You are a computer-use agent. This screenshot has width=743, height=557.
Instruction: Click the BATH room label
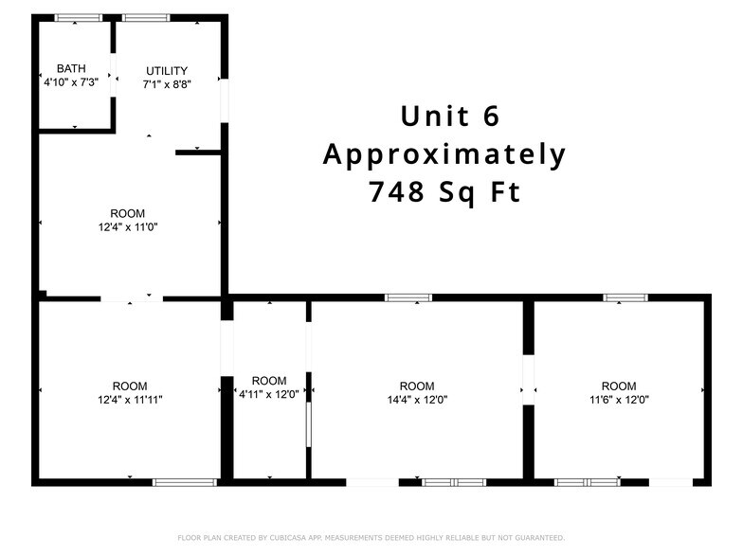[71, 68]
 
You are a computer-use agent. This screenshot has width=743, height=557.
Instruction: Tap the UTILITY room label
[166, 71]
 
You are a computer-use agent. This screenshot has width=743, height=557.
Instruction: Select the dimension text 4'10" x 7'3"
[71, 82]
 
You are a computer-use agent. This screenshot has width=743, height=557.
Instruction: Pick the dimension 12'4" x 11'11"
[130, 400]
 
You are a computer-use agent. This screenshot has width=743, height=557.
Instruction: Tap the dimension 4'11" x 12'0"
[269, 395]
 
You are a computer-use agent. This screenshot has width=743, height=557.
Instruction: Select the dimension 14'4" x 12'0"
[417, 400]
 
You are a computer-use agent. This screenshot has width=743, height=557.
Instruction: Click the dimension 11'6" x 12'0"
[619, 400]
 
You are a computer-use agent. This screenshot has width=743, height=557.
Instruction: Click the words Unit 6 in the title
[449, 117]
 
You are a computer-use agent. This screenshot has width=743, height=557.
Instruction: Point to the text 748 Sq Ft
[444, 192]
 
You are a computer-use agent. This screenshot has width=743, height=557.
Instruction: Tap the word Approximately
[444, 154]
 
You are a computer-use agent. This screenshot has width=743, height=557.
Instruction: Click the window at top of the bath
[78, 18]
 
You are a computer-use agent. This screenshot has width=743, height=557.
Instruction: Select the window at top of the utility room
[146, 18]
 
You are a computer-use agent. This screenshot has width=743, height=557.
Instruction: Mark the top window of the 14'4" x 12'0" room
[408, 297]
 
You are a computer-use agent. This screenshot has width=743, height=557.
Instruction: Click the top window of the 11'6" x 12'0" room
[625, 297]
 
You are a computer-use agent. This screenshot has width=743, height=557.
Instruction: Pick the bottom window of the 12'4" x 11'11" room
[185, 482]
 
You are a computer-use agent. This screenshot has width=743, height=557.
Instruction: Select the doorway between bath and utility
[114, 73]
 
